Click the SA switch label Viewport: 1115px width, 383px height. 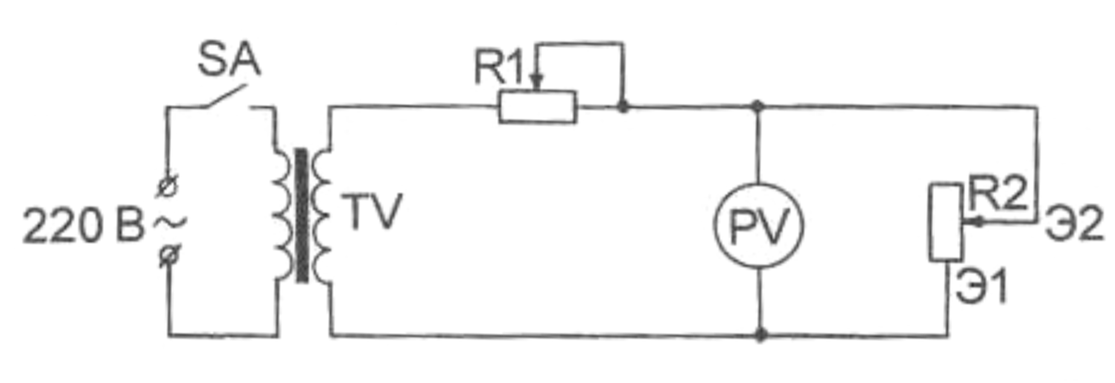(229, 60)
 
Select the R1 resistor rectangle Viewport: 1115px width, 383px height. (537, 107)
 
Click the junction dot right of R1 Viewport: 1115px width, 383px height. (623, 107)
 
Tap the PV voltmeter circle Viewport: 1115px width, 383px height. (758, 226)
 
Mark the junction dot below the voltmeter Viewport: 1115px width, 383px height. (761, 334)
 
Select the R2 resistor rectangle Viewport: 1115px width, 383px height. (945, 223)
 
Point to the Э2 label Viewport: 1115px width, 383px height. (1075, 223)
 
